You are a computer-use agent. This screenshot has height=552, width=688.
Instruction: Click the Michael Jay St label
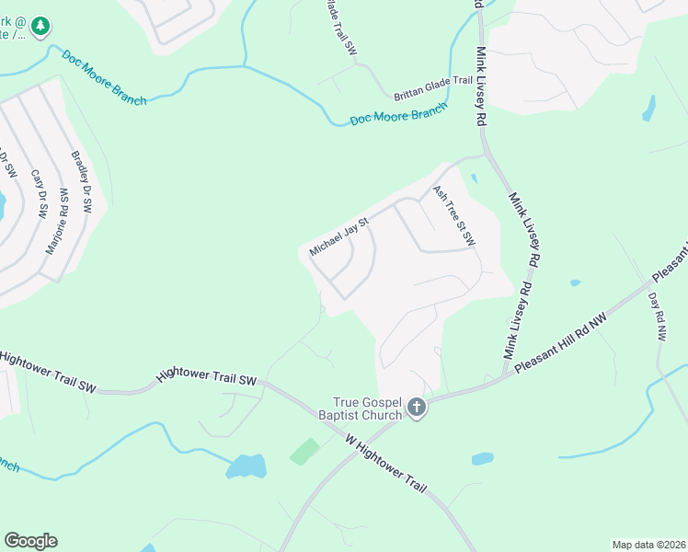(338, 236)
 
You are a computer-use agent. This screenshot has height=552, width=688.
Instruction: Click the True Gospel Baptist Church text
(368, 408)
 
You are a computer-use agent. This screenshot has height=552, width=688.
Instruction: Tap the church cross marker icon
(417, 407)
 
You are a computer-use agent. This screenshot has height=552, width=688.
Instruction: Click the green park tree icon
(40, 28)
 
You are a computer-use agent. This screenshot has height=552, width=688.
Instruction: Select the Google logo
(30, 541)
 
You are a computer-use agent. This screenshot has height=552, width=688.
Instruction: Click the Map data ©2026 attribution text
(648, 545)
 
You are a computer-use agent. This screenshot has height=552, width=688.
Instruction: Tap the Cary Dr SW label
(39, 193)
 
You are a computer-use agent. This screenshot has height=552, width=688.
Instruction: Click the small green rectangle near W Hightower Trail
(304, 451)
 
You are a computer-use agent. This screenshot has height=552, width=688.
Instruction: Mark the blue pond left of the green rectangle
(247, 466)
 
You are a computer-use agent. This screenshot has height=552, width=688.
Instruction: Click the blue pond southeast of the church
(482, 458)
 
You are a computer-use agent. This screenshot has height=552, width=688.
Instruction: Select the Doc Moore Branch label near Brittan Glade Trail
(397, 114)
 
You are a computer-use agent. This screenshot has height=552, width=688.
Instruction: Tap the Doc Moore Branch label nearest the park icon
(104, 78)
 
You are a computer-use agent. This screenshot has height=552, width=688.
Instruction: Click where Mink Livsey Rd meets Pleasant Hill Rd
(504, 375)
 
